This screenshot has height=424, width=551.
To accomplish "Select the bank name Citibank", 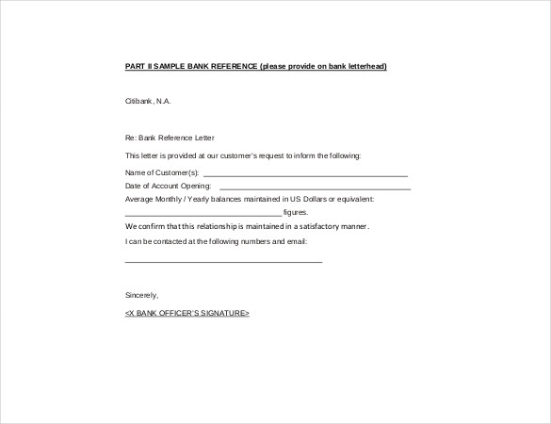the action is [x=139, y=101].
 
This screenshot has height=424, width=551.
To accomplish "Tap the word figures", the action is [x=295, y=213].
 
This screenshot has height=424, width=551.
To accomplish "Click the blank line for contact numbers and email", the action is [x=223, y=260].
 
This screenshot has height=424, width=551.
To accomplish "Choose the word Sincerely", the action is [x=142, y=295].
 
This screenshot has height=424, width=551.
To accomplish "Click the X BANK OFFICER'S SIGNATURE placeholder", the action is [x=187, y=312].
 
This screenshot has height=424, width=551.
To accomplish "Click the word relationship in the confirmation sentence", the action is [x=213, y=227].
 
